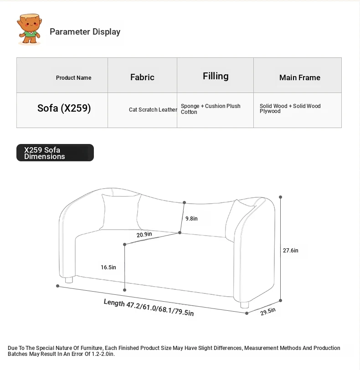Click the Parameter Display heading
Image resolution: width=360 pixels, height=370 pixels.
pyautogui.click(x=85, y=32)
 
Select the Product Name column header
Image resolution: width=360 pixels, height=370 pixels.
pyautogui.click(x=73, y=78)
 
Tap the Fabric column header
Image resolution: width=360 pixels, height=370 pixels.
pyautogui.click(x=142, y=77)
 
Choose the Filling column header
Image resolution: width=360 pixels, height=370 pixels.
pyautogui.click(x=216, y=76)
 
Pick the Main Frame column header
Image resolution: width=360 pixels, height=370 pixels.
pyautogui.click(x=299, y=77)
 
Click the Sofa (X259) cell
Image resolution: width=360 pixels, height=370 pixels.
pyautogui.click(x=64, y=108)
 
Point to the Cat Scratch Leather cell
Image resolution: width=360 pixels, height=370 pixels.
pyautogui.click(x=153, y=110)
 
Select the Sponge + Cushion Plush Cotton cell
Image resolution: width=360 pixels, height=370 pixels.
pyautogui.click(x=211, y=109)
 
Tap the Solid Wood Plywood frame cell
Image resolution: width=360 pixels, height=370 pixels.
pyautogui.click(x=290, y=108)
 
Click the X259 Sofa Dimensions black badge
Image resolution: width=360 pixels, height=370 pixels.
pyautogui.click(x=55, y=153)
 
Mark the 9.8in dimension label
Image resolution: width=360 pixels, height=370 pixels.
pyautogui.click(x=191, y=219)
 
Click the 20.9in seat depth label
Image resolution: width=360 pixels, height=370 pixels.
pyautogui.click(x=144, y=235)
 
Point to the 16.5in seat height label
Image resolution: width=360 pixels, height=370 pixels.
pyautogui.click(x=108, y=267)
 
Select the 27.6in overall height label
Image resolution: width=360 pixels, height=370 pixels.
pyautogui.click(x=290, y=251)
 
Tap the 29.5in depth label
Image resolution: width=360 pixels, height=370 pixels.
pyautogui.click(x=268, y=312)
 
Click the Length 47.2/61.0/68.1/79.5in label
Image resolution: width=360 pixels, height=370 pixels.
pyautogui.click(x=149, y=308)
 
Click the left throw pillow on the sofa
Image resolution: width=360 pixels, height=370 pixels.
pyautogui.click(x=119, y=211)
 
